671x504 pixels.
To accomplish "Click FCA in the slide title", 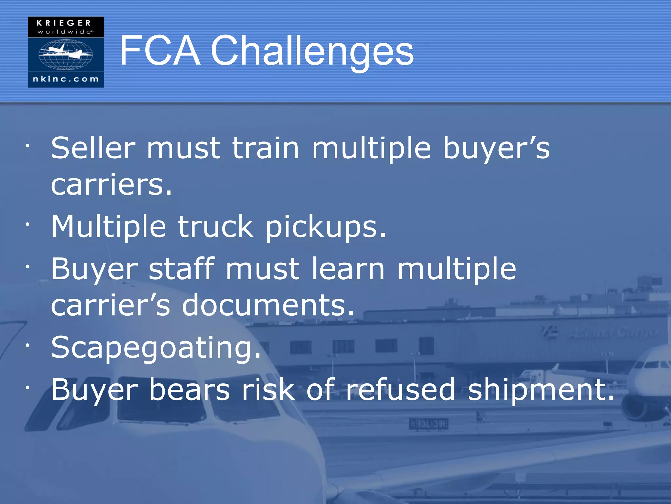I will (x=160, y=51).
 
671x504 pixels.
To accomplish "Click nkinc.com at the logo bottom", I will (x=66, y=79).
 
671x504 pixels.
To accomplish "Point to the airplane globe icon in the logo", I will (x=66, y=54).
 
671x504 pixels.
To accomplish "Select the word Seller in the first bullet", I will (x=93, y=148).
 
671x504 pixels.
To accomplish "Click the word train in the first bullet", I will (x=265, y=148).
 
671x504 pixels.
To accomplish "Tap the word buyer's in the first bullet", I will (x=496, y=148).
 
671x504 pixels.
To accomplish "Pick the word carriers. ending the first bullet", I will (x=111, y=185).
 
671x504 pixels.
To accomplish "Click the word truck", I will (x=215, y=227).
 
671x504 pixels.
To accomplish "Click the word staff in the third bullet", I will (x=182, y=269).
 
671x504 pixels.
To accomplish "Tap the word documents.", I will (x=268, y=305).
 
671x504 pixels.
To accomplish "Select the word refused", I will (x=401, y=389).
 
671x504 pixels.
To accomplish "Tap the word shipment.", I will (x=541, y=389).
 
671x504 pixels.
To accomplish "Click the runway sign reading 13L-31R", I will (x=428, y=424).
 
